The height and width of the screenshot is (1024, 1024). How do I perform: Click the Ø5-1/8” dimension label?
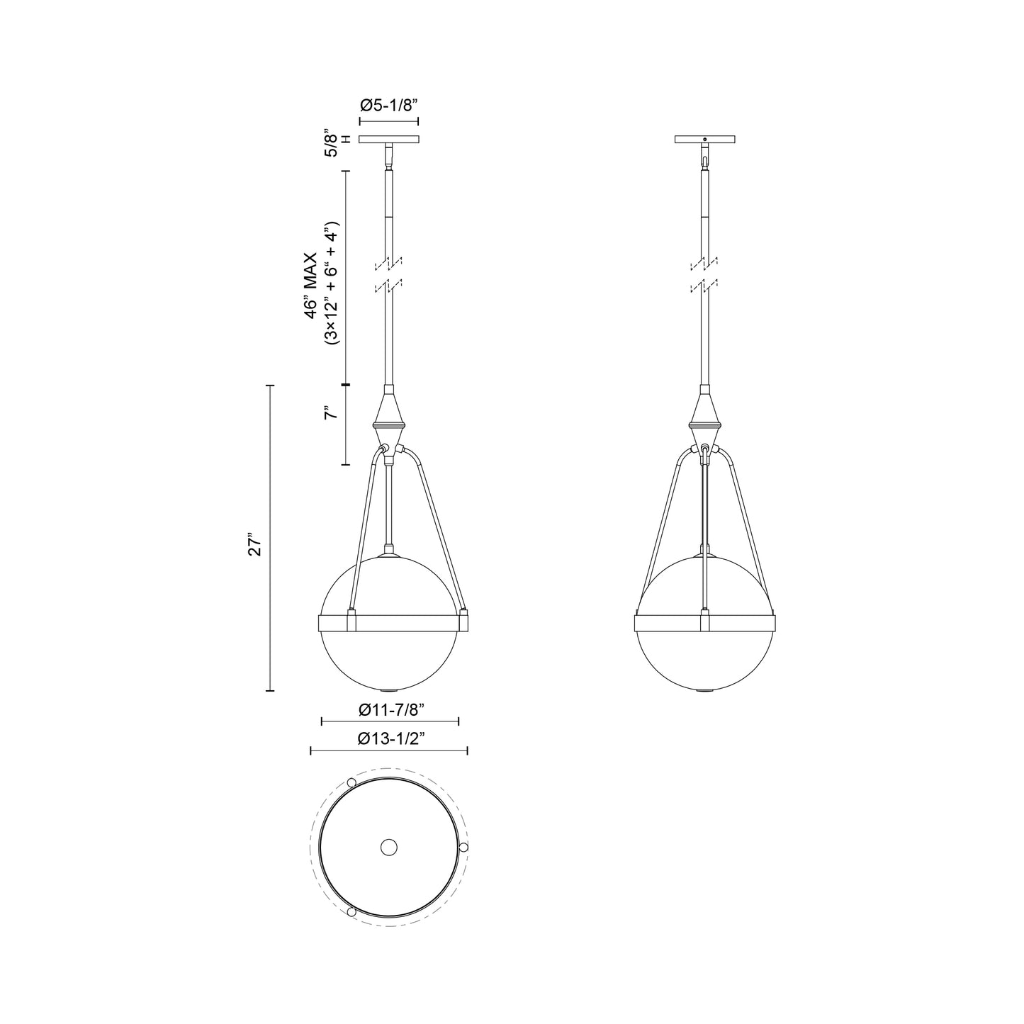click(389, 105)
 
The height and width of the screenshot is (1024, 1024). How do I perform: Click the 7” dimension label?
click(330, 413)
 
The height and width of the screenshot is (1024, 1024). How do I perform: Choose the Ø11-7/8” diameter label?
click(391, 709)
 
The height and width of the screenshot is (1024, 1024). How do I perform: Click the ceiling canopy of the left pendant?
click(389, 140)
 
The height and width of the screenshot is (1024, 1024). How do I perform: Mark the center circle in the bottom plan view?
click(388, 847)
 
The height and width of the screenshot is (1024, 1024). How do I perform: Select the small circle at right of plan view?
click(463, 847)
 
